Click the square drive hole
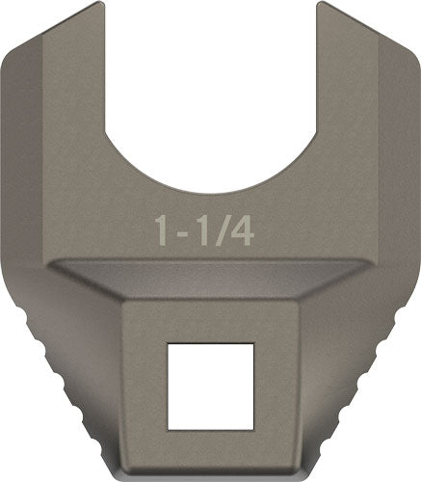point(210,386)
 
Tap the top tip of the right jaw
point(321,8)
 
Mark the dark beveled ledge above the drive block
point(210,276)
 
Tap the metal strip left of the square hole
point(145,386)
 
